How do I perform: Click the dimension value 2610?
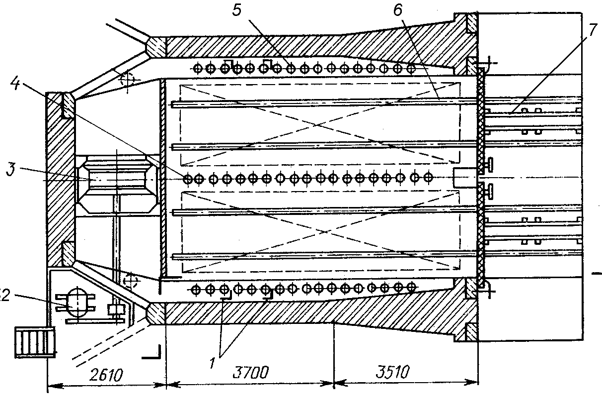tap(106, 374)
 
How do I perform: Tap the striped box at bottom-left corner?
tap(34, 342)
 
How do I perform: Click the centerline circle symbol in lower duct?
tap(132, 282)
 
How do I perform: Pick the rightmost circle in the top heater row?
tap(411, 68)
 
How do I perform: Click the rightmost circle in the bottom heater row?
tap(411, 287)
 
